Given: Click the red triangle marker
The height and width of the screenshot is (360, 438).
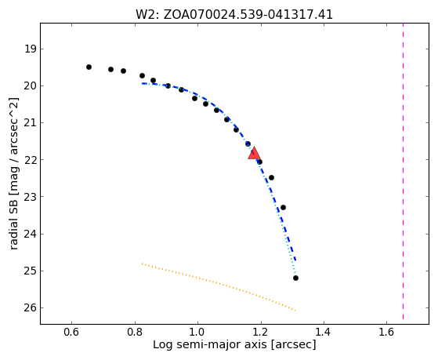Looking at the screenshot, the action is tap(254, 153).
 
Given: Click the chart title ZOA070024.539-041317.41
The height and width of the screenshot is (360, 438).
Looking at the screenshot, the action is tap(248, 15).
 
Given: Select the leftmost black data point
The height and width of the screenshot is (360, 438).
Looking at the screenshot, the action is tap(89, 67).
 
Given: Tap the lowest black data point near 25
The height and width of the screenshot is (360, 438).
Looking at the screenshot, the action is tap(295, 278).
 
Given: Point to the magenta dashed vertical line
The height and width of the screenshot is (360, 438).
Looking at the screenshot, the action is tap(403, 171).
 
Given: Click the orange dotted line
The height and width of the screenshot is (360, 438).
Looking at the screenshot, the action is tap(219, 287).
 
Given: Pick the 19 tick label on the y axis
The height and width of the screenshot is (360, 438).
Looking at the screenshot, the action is tap(31, 49).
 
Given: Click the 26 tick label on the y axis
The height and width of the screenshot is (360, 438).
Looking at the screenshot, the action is tap(31, 308).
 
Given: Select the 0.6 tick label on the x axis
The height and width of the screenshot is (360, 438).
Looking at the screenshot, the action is tap(71, 332).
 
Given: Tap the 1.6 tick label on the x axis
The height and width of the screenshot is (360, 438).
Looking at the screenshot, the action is tap(386, 332).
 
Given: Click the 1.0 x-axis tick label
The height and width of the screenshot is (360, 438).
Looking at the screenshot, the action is tap(197, 332).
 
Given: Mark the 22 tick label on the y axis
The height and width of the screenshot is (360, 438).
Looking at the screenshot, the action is tap(31, 160).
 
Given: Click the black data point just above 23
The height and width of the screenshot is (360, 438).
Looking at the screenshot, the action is tap(283, 207).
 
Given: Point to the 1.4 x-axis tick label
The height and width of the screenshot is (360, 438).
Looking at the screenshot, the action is tap(324, 332).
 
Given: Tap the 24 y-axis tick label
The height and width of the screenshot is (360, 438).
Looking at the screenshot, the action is tap(31, 234).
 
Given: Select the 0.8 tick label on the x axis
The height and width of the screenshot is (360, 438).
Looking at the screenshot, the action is tap(135, 332).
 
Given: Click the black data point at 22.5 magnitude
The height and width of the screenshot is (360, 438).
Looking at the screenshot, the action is tap(271, 177).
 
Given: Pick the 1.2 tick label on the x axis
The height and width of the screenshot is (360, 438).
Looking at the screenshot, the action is tap(261, 332).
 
